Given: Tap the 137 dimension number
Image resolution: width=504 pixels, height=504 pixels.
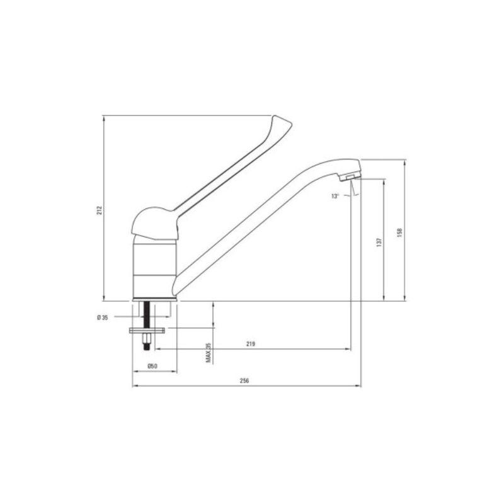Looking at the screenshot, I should pyautogui.click(x=378, y=241).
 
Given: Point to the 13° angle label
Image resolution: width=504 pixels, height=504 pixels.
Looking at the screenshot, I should pyautogui.click(x=335, y=196).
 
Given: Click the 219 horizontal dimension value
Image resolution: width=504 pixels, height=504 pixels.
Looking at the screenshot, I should pyautogui.click(x=250, y=344).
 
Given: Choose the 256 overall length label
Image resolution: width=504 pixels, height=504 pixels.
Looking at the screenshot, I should pyautogui.click(x=246, y=381).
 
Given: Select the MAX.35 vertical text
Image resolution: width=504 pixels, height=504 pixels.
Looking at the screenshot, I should pyautogui.click(x=207, y=353).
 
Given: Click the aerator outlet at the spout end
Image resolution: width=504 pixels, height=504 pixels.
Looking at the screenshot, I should pyautogui.click(x=348, y=180).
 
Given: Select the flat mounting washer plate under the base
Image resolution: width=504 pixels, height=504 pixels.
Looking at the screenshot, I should pyautogui.click(x=147, y=329).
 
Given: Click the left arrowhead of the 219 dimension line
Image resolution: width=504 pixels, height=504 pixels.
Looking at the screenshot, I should pyautogui.click(x=157, y=348).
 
